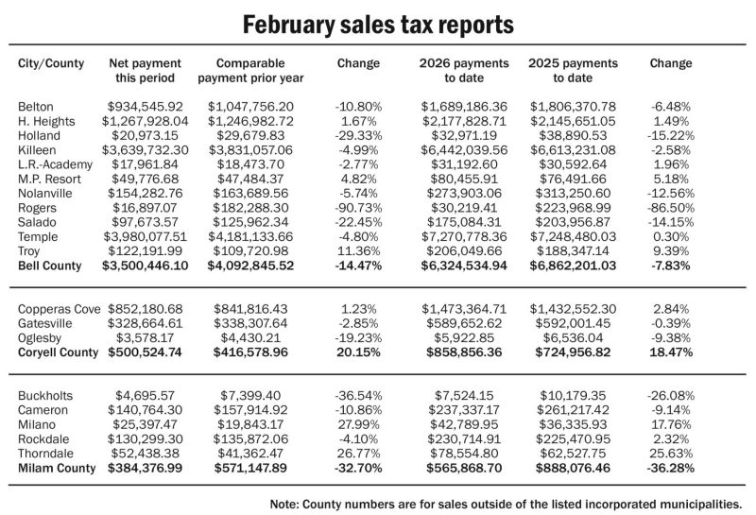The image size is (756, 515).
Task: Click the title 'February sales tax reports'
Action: coord(378,23)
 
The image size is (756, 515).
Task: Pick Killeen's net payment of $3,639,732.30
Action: coord(143,150)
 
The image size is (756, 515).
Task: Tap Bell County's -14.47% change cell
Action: coord(359,266)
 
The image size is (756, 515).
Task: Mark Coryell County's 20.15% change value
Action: coord(359,352)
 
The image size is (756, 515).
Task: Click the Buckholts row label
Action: coord(44,394)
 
